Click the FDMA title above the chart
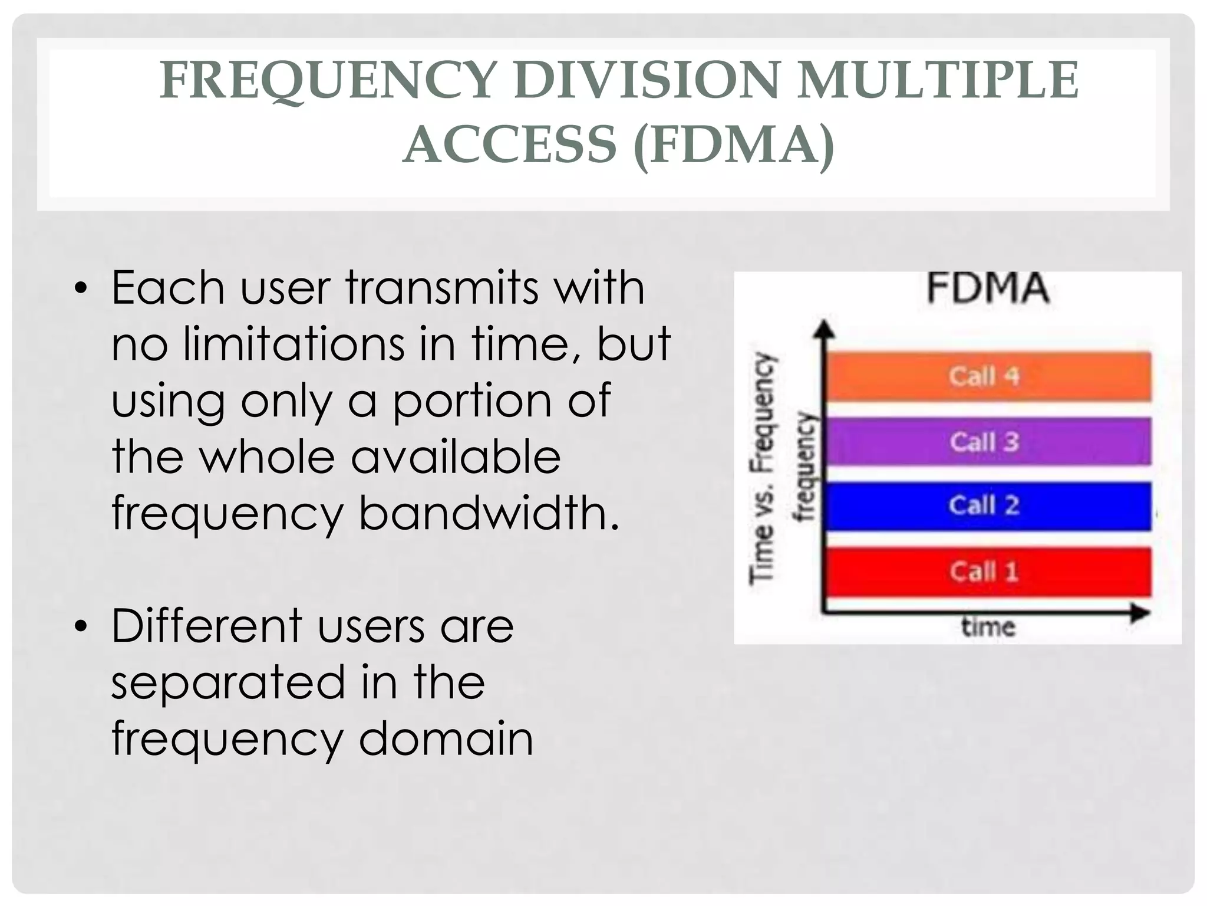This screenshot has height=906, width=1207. click(988, 288)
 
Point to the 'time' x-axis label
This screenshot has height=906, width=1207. click(988, 626)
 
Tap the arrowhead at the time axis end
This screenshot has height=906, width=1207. click(1140, 613)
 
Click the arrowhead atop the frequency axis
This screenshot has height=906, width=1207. click(825, 329)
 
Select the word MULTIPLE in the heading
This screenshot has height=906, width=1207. click(937, 81)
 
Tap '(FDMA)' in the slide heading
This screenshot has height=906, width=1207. click(734, 145)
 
